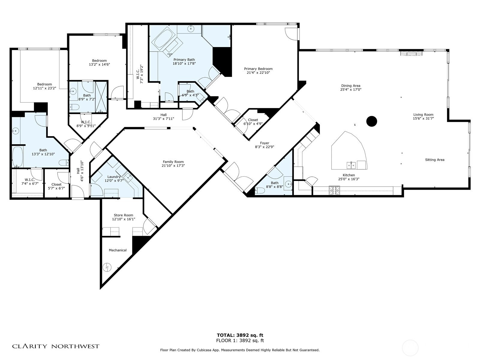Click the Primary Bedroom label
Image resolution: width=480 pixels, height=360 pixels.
tap(258, 69)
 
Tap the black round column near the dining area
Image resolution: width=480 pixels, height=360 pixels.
tap(371, 121)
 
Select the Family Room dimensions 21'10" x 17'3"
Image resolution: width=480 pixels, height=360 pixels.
tap(173, 166)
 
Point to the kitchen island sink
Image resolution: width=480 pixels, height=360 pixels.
tap(351, 166)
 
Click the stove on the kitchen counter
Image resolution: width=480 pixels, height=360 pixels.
tap(334, 190)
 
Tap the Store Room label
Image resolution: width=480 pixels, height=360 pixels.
tap(123, 215)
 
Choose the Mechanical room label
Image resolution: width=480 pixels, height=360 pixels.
tap(118, 250)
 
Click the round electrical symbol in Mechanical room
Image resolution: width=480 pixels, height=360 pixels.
tap(107, 267)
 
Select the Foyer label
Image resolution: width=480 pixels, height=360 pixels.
tap(265, 143)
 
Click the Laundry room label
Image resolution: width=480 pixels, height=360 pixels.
tap(114, 177)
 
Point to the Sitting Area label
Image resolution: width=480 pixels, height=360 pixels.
tap(434, 160)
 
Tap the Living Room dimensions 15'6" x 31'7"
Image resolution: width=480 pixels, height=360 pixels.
tap(423, 118)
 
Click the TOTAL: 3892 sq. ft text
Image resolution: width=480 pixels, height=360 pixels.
tap(240, 335)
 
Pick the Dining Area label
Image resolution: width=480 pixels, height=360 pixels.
tap(351, 86)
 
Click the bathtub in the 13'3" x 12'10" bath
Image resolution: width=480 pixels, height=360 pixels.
tap(17, 157)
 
